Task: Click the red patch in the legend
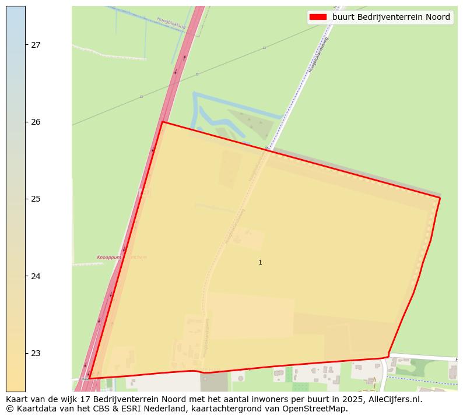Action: pos(318,17)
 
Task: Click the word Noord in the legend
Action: pos(437,17)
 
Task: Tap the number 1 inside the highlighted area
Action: pos(260,263)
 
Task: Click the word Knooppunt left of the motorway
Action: pos(109,257)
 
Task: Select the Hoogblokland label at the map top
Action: pos(171,23)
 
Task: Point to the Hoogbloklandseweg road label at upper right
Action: pos(319,55)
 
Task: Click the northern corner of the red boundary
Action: pos(162,122)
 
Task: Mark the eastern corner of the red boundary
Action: pos(440,198)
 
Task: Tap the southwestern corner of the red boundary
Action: pos(89,378)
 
